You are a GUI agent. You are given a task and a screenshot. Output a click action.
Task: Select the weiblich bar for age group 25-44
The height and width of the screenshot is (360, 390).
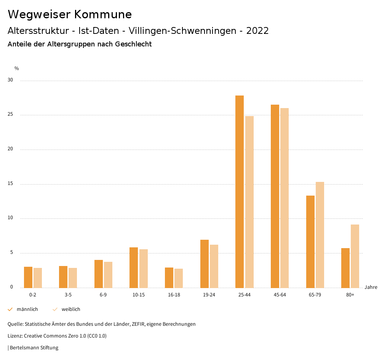[249, 202]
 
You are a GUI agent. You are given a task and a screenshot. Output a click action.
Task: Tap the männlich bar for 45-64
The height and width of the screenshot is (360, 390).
[275, 196]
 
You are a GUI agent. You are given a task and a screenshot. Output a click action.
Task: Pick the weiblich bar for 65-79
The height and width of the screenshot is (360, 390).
[320, 235]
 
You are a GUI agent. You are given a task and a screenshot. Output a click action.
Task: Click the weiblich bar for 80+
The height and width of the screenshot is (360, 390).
[355, 256]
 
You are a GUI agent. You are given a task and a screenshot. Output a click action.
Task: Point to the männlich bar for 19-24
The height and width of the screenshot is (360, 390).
[205, 264]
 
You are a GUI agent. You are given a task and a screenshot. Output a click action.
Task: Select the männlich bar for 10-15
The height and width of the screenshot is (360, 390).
[134, 268]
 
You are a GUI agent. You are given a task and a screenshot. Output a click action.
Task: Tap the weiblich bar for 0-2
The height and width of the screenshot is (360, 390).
[38, 278]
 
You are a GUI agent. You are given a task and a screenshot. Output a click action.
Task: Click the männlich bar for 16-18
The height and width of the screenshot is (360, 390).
[169, 277]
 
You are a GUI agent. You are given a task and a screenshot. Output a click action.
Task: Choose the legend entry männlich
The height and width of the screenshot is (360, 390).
[27, 309]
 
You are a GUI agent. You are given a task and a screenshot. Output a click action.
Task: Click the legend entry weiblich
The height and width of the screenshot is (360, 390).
[71, 309]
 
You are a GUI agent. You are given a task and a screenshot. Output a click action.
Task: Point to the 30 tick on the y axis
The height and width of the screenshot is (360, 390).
[10, 80]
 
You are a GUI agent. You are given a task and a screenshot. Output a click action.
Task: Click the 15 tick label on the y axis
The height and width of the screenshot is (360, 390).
[10, 184]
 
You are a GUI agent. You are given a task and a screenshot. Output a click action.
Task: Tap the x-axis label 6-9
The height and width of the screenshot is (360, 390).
[103, 295]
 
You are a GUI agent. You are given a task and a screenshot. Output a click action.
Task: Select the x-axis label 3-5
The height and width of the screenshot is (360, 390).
[68, 295]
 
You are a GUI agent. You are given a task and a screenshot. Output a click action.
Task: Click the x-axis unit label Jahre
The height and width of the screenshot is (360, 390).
[371, 287]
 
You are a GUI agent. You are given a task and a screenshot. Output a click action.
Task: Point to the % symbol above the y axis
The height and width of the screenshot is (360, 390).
[17, 68]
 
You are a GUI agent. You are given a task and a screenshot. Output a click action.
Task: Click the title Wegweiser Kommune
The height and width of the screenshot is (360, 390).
[70, 14]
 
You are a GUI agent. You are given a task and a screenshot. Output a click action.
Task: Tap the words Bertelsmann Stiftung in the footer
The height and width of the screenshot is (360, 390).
[34, 347]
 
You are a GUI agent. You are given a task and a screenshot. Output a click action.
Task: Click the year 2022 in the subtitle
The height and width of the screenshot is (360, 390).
[257, 31]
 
